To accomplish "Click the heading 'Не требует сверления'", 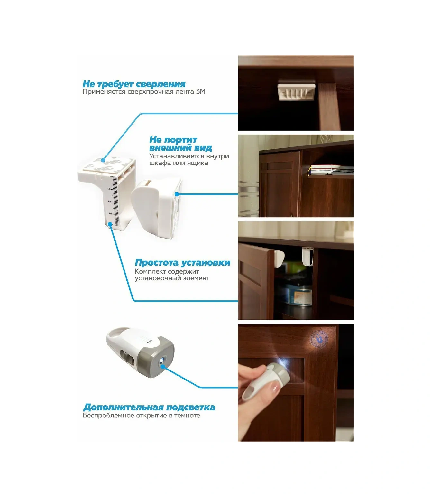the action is (x=134, y=84).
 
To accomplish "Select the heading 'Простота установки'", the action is (x=182, y=263).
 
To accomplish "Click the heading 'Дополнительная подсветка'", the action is (x=149, y=408).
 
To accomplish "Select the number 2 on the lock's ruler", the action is (x=109, y=202).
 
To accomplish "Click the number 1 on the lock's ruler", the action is (x=109, y=189).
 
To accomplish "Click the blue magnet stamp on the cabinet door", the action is (x=319, y=338).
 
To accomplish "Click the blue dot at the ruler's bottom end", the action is (x=110, y=224).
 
